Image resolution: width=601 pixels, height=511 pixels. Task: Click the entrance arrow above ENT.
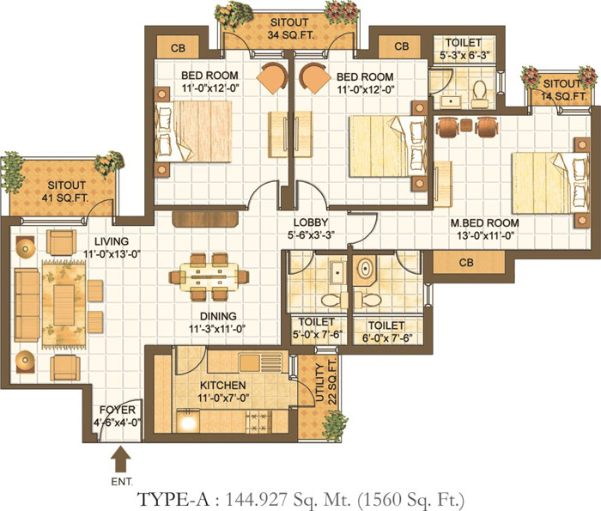point(121,459)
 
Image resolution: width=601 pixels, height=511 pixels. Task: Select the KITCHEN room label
point(223,392)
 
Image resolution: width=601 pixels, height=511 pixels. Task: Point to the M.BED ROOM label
point(485,228)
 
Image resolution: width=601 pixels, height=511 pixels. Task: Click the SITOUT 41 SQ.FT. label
point(66,192)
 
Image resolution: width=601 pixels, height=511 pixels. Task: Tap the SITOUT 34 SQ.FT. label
point(289,28)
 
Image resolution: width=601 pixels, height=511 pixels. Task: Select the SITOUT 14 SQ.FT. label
point(563,90)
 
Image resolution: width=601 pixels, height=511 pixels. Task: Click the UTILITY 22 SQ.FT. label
point(326,382)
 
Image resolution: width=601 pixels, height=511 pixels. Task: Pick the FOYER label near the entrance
point(118,416)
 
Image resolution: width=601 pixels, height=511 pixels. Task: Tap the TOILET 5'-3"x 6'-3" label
point(464,49)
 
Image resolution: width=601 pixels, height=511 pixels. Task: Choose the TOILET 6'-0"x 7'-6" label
point(386,332)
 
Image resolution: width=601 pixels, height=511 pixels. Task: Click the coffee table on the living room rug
point(64,305)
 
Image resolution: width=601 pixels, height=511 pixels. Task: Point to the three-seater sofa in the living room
point(27,305)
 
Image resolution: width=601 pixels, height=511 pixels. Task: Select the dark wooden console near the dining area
point(205,218)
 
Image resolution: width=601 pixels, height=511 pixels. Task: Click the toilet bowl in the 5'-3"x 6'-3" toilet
point(479,94)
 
